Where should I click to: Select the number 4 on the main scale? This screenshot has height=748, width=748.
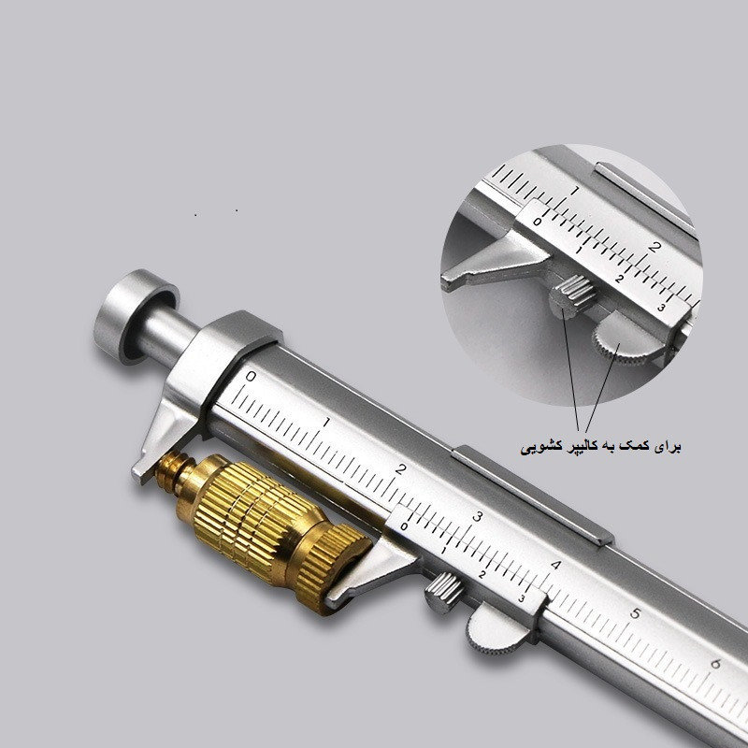coord(556,566)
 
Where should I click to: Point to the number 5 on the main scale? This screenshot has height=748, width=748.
coord(635,614)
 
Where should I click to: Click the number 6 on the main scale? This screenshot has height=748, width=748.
coord(714,664)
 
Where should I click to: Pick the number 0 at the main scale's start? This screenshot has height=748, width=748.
coord(250,377)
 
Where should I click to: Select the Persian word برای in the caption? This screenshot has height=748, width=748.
coord(667,447)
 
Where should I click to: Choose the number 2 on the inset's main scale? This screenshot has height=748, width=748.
coord(654,248)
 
